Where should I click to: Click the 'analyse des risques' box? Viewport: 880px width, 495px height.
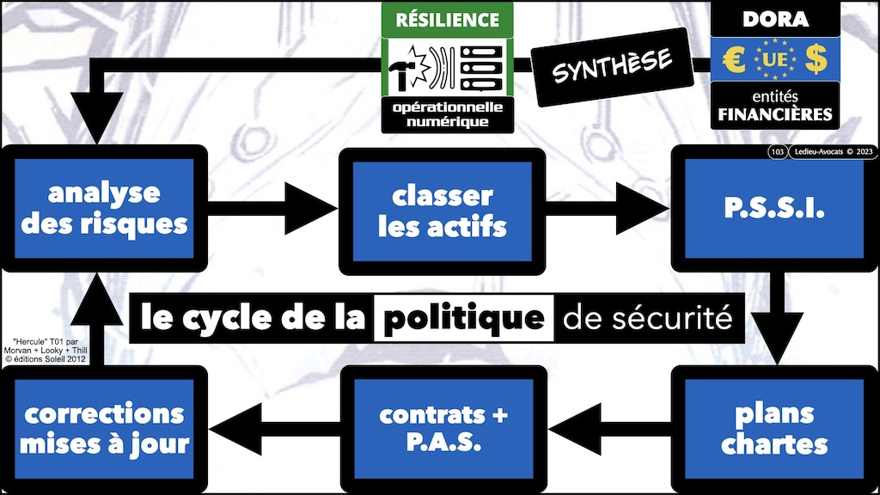click(104, 209)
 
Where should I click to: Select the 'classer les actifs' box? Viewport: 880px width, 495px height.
click(443, 211)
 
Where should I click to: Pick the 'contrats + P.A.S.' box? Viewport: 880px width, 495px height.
click(443, 429)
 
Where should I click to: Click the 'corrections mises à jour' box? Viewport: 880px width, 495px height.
click(104, 429)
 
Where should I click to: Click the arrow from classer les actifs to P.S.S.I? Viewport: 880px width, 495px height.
click(610, 208)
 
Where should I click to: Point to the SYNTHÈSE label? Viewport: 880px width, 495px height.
click(613, 65)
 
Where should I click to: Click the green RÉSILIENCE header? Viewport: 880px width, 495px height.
click(446, 19)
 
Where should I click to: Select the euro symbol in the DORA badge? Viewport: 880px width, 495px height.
click(733, 59)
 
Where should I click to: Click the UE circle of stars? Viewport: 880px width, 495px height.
click(773, 59)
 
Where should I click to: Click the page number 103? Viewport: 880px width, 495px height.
click(777, 153)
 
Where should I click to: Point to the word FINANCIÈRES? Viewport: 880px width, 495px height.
click(774, 114)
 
